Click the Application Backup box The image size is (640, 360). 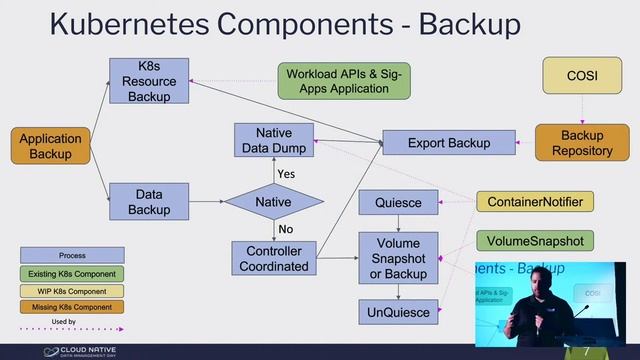[x=50, y=144]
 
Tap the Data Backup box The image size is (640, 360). [x=149, y=201]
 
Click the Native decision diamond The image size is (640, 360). [x=274, y=202]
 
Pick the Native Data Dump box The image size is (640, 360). [x=274, y=140]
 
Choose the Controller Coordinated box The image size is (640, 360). [x=274, y=257]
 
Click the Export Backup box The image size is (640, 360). [x=449, y=143]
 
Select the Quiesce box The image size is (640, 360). [x=398, y=203]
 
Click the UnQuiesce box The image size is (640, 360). [x=398, y=312]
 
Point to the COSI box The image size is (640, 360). [x=582, y=75]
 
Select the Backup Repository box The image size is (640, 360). [x=582, y=143]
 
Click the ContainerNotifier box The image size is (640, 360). [x=535, y=202]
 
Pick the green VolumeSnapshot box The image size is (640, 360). [x=535, y=241]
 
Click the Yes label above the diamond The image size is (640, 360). [x=286, y=174]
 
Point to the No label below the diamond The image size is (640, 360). [x=286, y=230]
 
